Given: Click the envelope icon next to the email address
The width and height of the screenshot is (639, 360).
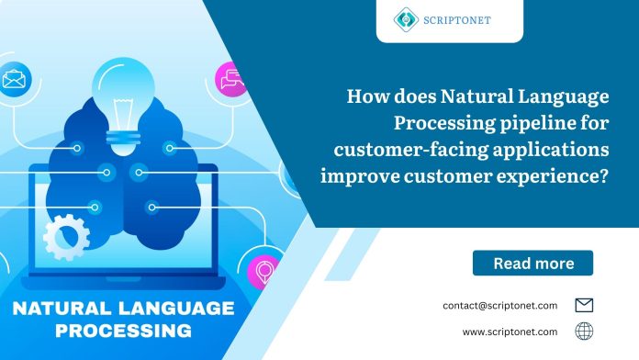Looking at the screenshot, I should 584,305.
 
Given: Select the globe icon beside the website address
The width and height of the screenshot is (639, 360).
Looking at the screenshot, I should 584,332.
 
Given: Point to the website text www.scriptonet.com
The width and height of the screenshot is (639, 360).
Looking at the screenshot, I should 510,332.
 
